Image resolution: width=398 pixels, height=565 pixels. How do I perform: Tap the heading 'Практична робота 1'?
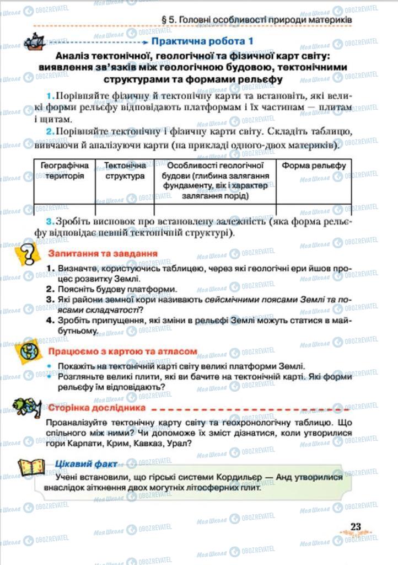(x=202, y=41)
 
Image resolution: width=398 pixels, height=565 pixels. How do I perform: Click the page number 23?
(x=356, y=526)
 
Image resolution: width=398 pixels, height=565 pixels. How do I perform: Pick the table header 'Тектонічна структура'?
(x=125, y=170)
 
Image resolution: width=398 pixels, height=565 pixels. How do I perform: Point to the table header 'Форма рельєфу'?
(x=314, y=166)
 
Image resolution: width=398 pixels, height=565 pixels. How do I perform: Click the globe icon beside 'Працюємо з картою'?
(x=28, y=351)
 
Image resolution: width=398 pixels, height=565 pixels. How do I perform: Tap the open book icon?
(x=30, y=467)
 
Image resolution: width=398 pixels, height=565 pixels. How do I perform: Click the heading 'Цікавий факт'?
(x=84, y=463)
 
